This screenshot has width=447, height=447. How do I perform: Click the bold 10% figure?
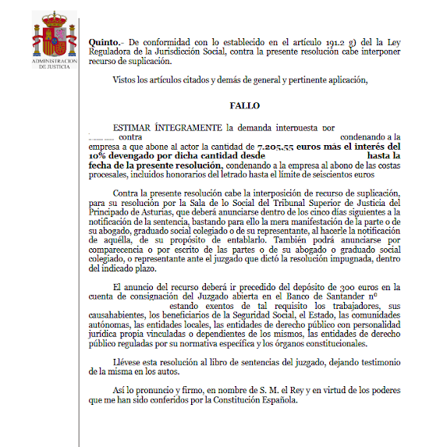pyautogui.click(x=99, y=155)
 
